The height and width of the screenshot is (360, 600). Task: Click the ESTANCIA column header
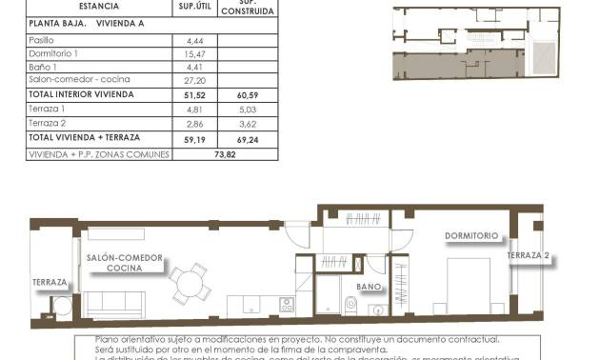72,6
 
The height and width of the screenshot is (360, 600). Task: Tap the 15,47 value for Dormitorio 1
184,54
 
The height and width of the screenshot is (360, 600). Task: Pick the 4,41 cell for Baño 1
184,68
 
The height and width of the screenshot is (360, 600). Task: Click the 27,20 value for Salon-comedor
184,81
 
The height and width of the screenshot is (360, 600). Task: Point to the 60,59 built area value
248,95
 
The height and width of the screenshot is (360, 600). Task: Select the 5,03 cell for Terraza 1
248,110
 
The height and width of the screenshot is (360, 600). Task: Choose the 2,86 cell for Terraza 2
184,124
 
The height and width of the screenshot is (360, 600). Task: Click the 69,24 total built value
248,138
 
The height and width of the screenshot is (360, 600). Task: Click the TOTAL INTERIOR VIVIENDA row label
81,95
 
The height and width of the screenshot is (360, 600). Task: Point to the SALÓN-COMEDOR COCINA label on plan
125,264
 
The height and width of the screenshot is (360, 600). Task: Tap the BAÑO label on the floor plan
369,286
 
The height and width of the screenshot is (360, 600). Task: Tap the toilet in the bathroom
350,305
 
